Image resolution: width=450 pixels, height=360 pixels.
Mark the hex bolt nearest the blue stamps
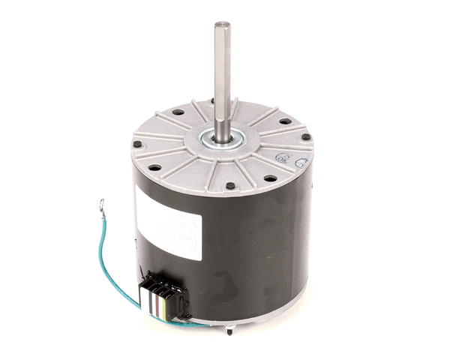[307, 139]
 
